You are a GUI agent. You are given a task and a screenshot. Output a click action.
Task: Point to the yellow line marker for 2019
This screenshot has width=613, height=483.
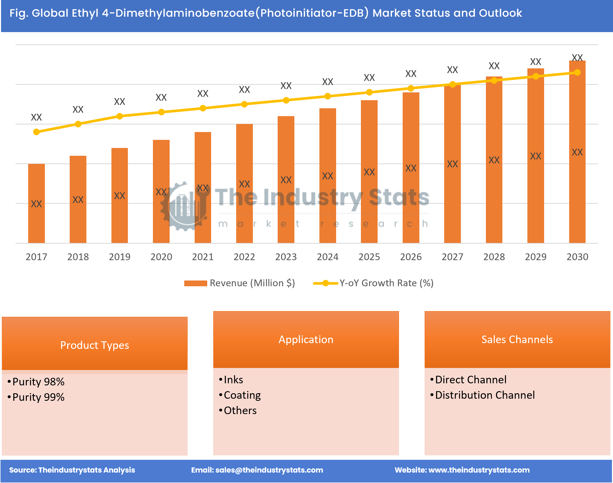(120, 116)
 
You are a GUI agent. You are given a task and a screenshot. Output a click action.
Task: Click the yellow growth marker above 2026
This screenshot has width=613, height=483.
(411, 88)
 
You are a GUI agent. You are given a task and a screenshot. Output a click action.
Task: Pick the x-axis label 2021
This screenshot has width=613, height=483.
(203, 257)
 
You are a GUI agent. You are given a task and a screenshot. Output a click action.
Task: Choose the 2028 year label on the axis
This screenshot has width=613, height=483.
(494, 257)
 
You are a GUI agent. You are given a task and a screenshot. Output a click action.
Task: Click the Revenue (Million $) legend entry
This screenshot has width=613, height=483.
(252, 283)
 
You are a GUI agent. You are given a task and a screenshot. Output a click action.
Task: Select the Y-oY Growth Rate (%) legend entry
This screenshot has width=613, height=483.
(386, 283)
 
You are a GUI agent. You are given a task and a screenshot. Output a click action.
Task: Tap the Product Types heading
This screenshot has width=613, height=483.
(94, 345)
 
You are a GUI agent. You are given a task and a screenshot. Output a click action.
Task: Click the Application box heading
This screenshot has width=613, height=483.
(306, 339)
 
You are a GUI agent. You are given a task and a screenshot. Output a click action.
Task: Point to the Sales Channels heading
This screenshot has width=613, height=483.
(517, 339)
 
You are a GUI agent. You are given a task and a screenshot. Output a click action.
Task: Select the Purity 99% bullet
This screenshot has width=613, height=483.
(38, 397)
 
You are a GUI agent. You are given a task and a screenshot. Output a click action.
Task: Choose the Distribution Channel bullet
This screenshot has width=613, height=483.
(485, 395)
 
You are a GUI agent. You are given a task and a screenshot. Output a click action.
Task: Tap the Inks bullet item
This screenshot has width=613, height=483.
(234, 380)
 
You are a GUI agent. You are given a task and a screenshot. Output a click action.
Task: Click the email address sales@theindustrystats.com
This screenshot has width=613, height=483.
(269, 470)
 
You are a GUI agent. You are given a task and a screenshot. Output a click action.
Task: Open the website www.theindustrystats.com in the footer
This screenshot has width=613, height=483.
(479, 470)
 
